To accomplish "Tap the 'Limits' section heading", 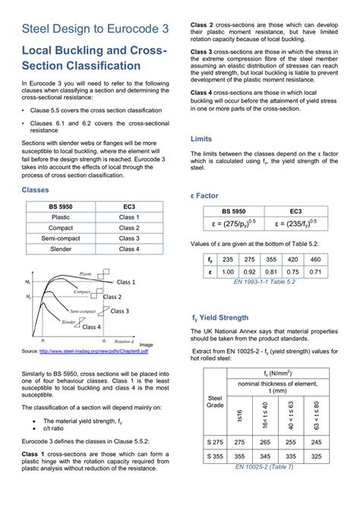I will pyautogui.click(x=201, y=140).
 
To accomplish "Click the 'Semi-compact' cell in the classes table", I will pyautogui.click(x=61, y=238).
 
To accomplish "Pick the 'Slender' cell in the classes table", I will pyautogui.click(x=61, y=248).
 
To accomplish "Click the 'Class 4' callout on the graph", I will pyautogui.click(x=91, y=327).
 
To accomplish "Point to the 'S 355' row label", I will pyautogui.click(x=215, y=456).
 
